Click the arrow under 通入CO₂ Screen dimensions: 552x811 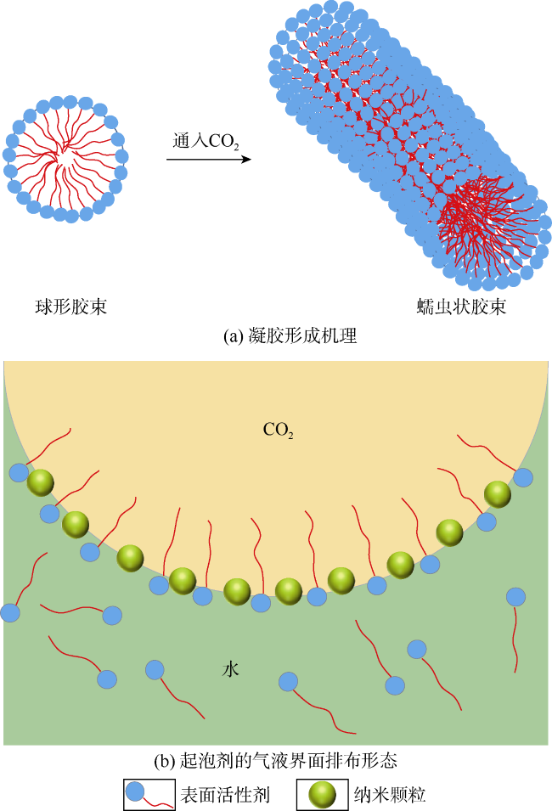(209, 160)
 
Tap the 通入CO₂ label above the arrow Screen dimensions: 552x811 (206, 141)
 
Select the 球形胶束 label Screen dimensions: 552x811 (70, 307)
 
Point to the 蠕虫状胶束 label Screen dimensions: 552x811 (461, 307)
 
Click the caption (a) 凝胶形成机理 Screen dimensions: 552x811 (290, 336)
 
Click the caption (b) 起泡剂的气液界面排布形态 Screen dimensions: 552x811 (276, 760)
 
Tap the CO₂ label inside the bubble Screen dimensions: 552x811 (279, 430)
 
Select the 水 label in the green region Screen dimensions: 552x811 (231, 669)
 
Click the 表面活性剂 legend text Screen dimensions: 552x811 (225, 795)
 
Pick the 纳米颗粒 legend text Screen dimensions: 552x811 (390, 795)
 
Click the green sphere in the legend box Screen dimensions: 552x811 (322, 795)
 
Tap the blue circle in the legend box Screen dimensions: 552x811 (136, 791)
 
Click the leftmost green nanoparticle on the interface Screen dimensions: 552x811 (41, 482)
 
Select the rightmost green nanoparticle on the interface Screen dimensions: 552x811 (498, 494)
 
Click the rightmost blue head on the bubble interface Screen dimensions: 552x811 (523, 477)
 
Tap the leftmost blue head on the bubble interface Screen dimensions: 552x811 (20, 473)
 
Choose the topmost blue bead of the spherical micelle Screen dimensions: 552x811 (70, 102)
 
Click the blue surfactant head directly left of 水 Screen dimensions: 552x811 (155, 670)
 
